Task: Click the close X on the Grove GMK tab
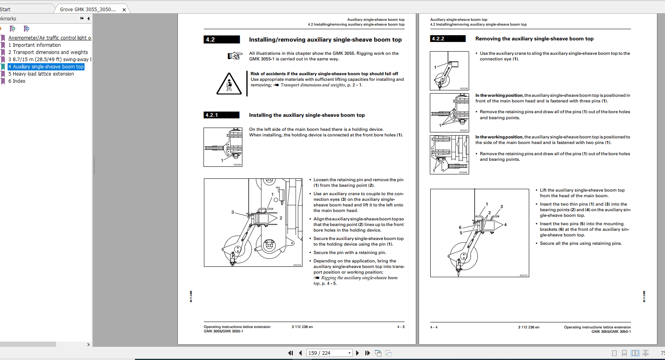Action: pyautogui.click(x=124, y=10)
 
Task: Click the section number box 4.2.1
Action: pyautogui.click(x=221, y=115)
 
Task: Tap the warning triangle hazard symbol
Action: pyautogui.click(x=229, y=84)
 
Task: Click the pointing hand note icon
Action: pyautogui.click(x=235, y=56)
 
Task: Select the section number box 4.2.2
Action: pyautogui.click(x=447, y=39)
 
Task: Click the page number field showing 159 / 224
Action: pyautogui.click(x=328, y=353)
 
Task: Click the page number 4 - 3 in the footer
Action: pyautogui.click(x=401, y=327)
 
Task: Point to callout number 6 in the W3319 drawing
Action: pyautogui.click(x=460, y=227)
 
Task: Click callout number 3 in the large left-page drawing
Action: pyautogui.click(x=232, y=212)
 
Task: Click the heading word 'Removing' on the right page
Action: pyautogui.click(x=488, y=39)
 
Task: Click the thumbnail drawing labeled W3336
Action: pyautogui.click(x=449, y=71)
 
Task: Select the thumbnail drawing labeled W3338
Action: pyautogui.click(x=449, y=154)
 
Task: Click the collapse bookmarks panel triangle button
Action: pyautogui.click(x=88, y=18)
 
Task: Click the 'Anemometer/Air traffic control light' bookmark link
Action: pyautogui.click(x=49, y=38)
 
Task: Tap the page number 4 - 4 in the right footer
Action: pyautogui.click(x=434, y=327)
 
